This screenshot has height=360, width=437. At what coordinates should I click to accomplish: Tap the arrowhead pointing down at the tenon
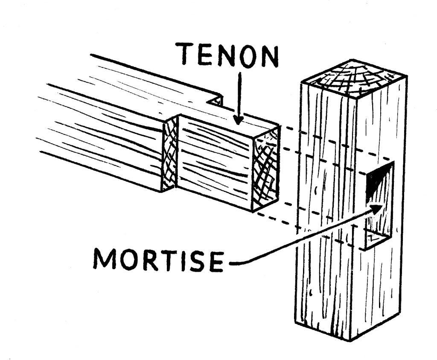(x=239, y=120)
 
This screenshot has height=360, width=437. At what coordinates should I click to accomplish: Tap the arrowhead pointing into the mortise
(x=376, y=209)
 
